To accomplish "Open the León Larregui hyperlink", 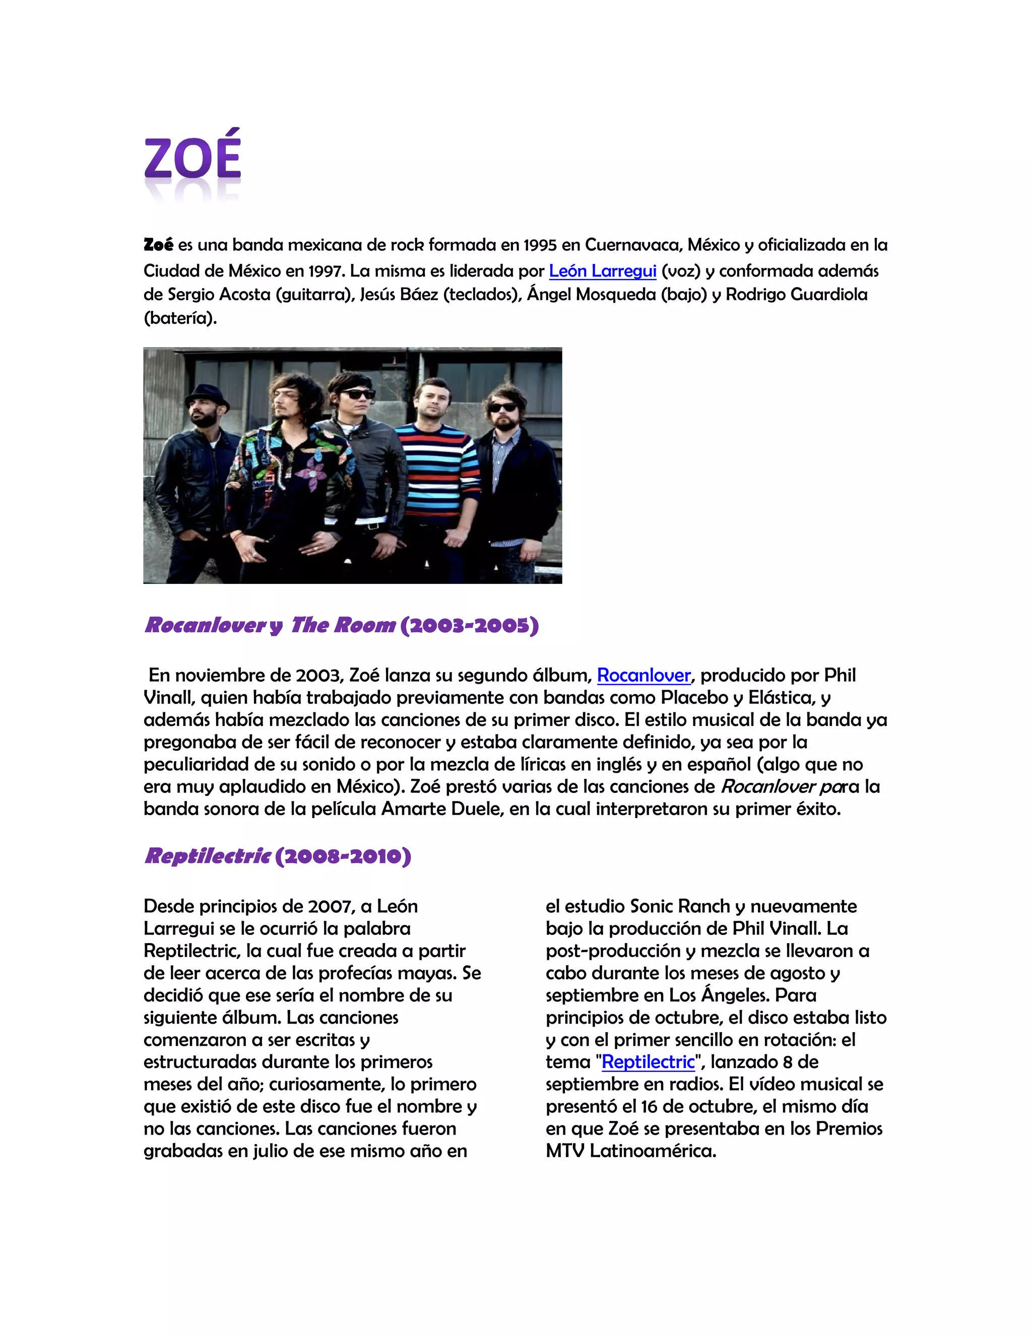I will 602,271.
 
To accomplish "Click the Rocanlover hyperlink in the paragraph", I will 643,675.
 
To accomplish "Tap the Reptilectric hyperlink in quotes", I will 648,1062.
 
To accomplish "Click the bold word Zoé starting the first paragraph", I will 158,245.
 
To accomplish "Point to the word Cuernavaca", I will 633,245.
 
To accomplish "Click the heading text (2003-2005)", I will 469,625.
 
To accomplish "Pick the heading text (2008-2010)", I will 343,856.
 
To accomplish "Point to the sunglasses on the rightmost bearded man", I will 502,407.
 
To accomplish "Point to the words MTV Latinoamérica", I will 630,1151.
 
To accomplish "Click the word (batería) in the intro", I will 180,318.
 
